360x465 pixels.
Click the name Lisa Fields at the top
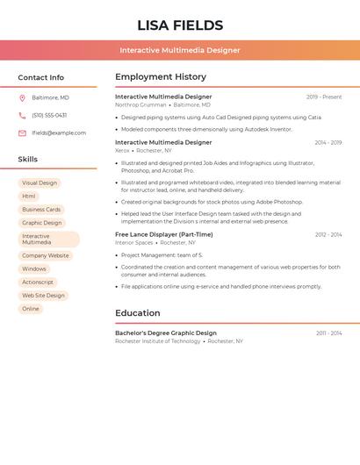pos(180,25)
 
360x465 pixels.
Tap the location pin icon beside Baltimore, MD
pos(22,97)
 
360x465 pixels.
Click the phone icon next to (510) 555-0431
pos(22,115)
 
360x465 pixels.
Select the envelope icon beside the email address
pos(22,133)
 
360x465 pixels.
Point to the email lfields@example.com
pos(59,133)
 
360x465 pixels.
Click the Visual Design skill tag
pos(40,183)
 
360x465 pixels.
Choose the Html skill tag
pos(29,197)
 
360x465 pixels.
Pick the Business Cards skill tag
pos(41,210)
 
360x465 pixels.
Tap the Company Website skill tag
pos(45,255)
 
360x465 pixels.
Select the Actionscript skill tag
pos(38,283)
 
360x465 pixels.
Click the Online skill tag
pos(31,309)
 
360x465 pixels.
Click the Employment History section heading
pos(161,77)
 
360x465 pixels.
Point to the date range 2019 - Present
pos(324,97)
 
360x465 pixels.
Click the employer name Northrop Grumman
pos(140,104)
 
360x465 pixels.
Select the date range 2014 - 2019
pos(328,142)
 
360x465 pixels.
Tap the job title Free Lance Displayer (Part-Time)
pos(164,234)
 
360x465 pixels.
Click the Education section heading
pos(138,313)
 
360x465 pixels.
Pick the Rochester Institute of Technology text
pos(158,341)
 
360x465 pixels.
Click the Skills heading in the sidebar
pos(28,160)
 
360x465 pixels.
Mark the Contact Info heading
pos(41,77)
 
